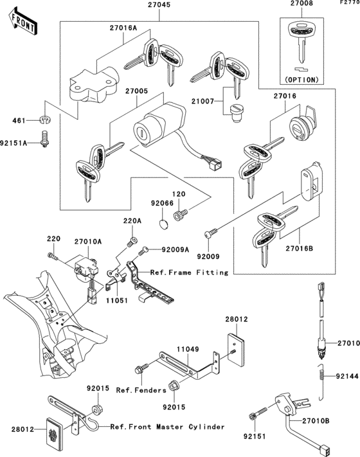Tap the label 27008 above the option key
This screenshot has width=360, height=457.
pos(301,4)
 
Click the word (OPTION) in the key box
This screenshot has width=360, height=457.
pos(301,80)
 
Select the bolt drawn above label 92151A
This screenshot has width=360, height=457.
pos(44,138)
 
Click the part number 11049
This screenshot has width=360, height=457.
pos(187,349)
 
